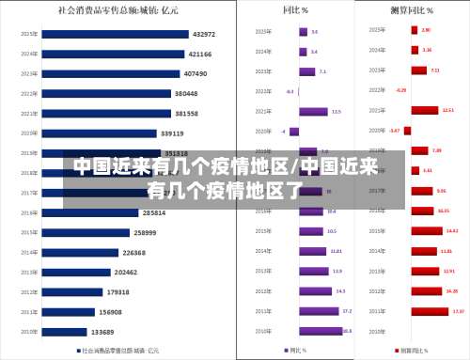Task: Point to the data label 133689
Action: point(103,332)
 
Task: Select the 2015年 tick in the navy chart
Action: point(28,232)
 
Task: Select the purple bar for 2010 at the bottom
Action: point(321,331)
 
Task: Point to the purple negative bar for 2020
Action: point(294,132)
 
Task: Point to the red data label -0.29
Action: point(401,90)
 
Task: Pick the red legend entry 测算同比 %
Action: point(413,350)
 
